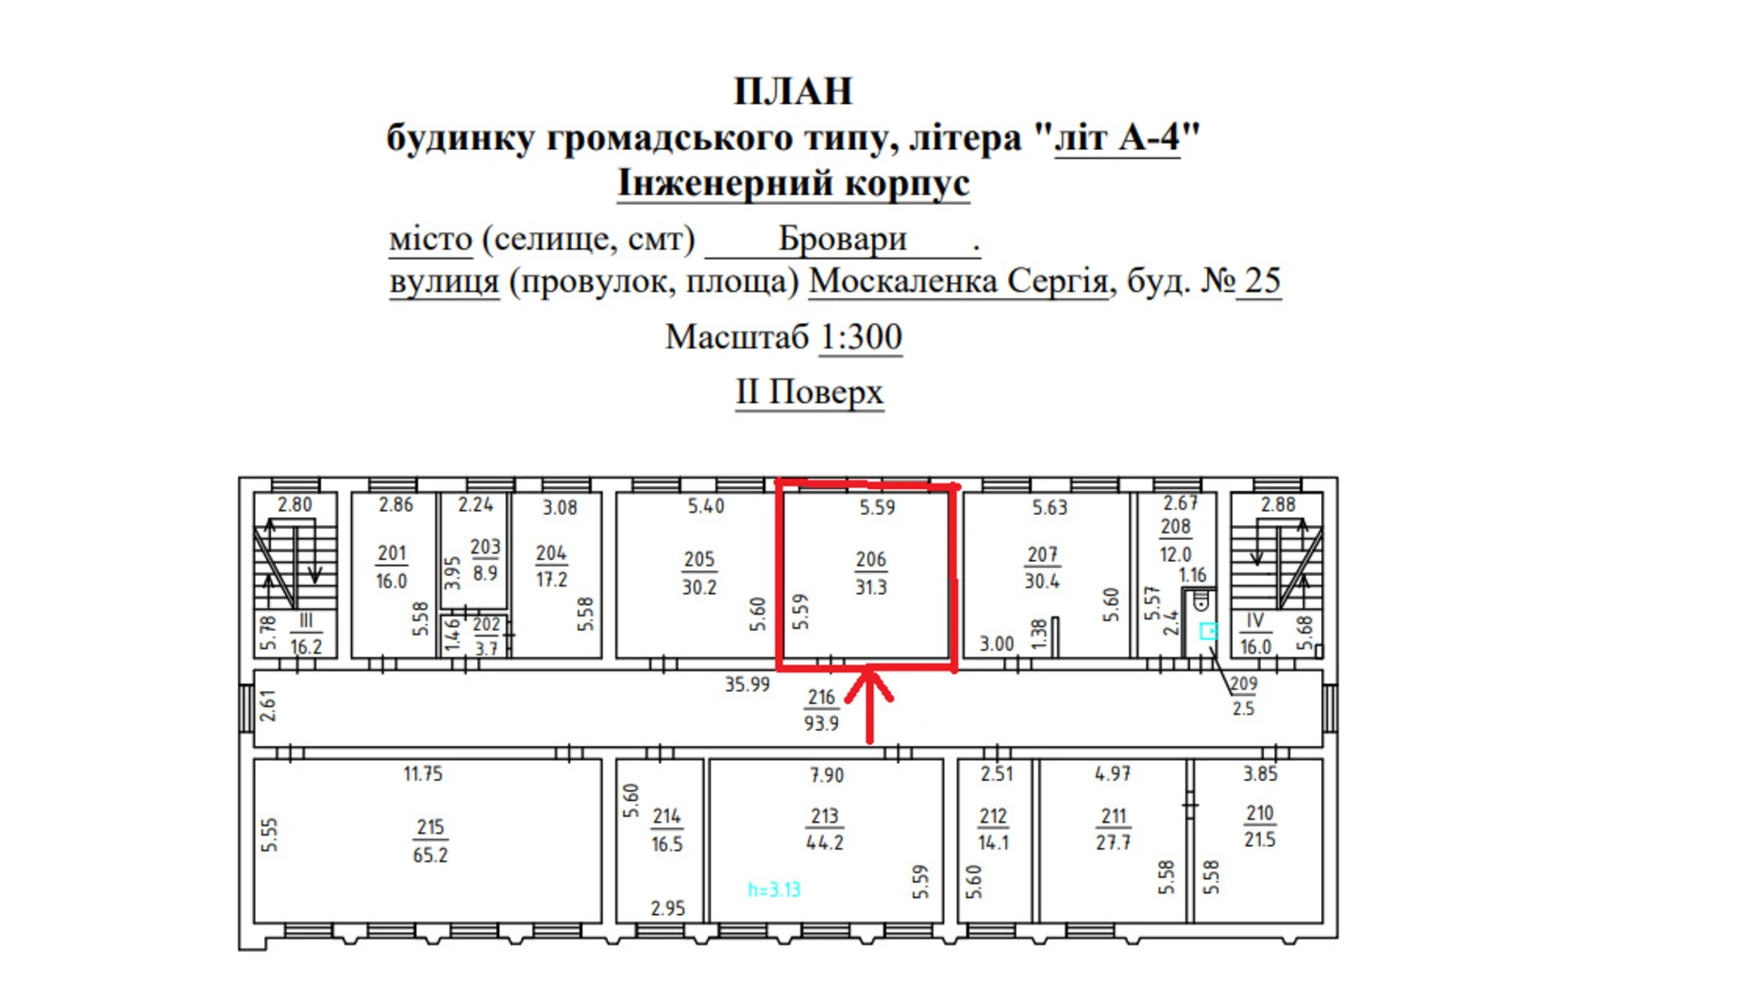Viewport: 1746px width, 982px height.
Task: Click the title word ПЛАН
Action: click(x=793, y=92)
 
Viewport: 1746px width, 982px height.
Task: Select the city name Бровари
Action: click(x=842, y=239)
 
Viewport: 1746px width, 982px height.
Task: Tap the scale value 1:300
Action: click(x=860, y=337)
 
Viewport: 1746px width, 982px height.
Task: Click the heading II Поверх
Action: click(x=809, y=392)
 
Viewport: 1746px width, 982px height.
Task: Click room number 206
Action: click(x=870, y=560)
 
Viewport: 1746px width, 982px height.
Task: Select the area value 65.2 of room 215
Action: click(x=430, y=855)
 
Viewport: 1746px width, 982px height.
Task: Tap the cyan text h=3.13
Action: click(x=774, y=889)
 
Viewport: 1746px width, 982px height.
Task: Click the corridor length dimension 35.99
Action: click(x=747, y=685)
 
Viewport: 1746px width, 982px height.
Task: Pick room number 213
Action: click(x=824, y=817)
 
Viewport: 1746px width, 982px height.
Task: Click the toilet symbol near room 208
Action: click(x=1200, y=601)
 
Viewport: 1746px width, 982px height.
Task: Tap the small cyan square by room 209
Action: click(x=1208, y=631)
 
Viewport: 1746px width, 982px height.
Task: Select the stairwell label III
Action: click(x=305, y=621)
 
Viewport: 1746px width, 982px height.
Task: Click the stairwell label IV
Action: click(x=1254, y=621)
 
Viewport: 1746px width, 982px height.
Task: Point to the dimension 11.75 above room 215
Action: click(x=423, y=774)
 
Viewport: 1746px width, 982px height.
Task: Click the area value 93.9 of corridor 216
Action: click(x=821, y=723)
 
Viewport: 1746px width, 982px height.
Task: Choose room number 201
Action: click(x=392, y=554)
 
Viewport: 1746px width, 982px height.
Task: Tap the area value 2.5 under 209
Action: click(x=1243, y=709)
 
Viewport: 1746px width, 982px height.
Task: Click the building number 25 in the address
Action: click(x=1262, y=281)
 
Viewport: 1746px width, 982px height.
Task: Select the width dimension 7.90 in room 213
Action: click(x=827, y=775)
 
